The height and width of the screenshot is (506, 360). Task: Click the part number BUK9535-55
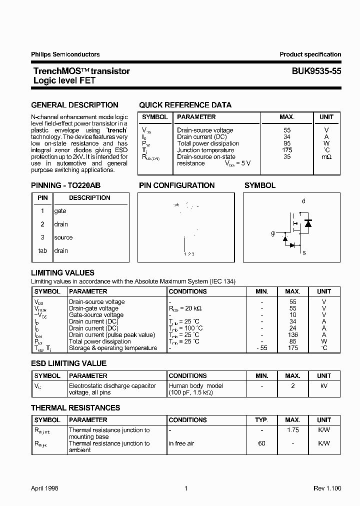pos(316,71)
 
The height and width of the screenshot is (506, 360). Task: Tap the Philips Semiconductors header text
pos(65,54)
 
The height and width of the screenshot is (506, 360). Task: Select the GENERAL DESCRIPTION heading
pos(74,105)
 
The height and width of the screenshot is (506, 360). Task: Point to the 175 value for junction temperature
pos(286,150)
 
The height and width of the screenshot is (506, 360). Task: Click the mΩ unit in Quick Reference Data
pos(326,156)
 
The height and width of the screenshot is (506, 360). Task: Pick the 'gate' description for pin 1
pos(60,211)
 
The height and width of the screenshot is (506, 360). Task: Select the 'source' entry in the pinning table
pos(63,237)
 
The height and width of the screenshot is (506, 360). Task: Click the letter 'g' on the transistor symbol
pos(272,233)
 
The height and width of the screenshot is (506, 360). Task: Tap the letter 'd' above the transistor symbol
pos(303,201)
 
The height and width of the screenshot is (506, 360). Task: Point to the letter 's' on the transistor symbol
pos(303,252)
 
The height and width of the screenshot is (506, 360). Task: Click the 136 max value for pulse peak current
pos(292,335)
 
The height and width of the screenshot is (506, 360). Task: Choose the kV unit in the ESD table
pos(323,386)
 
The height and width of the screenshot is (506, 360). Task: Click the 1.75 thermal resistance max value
pos(292,430)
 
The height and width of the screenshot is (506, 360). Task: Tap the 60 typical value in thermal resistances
pos(261,443)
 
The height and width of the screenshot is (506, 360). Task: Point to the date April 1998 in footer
pos(44,488)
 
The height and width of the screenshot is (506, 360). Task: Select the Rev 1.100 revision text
pos(327,488)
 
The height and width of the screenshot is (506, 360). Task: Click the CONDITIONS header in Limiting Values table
pos(187,291)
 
